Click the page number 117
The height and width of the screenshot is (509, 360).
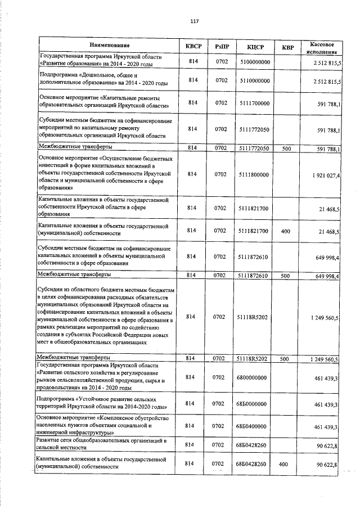(194, 21)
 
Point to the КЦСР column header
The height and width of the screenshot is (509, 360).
(256, 46)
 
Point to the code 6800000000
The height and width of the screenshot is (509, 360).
(256, 377)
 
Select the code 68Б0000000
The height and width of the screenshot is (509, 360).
(256, 403)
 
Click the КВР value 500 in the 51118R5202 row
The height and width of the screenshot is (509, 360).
(285, 358)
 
